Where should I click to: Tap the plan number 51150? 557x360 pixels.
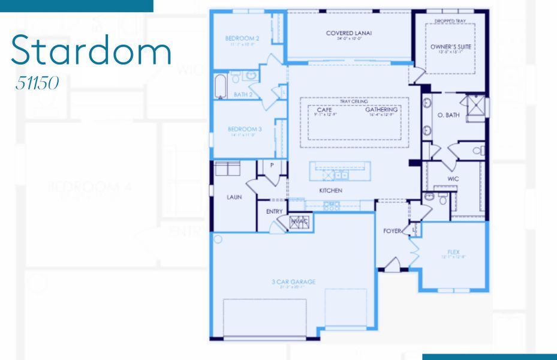click(38, 83)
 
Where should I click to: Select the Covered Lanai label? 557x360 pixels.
click(349, 33)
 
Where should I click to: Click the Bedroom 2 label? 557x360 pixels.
click(238, 38)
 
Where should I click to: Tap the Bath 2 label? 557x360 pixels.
click(242, 94)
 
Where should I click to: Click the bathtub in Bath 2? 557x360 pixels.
click(220, 86)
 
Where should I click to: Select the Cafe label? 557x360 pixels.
click(324, 110)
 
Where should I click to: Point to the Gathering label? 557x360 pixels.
click(382, 110)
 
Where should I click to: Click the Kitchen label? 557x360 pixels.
click(330, 190)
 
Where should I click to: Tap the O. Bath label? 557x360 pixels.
click(448, 115)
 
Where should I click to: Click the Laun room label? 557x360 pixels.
click(234, 196)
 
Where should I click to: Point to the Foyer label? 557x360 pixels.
click(392, 230)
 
